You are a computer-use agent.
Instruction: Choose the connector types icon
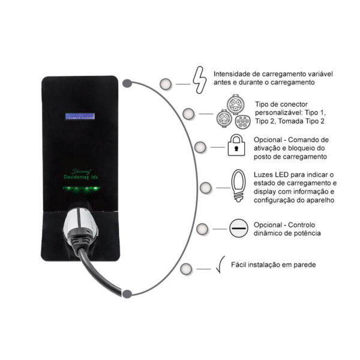click(232, 112)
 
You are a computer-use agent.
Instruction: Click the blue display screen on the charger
click(80, 118)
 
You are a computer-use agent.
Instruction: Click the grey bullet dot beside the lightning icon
click(165, 83)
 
